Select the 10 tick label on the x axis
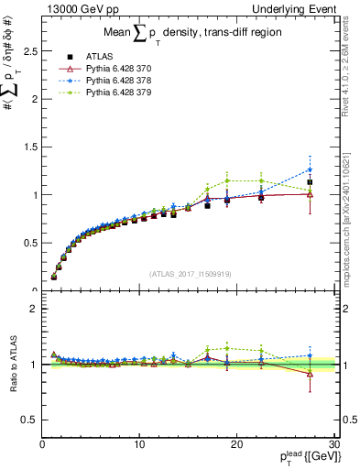138,444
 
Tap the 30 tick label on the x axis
333,444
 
